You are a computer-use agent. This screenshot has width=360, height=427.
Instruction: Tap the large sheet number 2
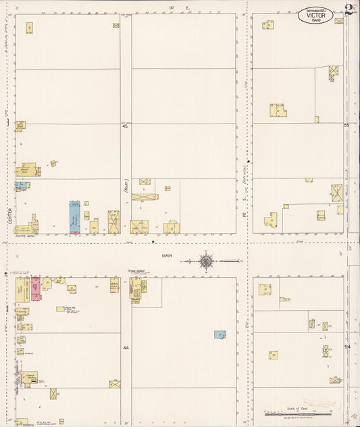pos(348,9)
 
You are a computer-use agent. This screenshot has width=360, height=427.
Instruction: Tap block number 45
pos(125,126)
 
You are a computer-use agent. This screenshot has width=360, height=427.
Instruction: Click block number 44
pos(125,348)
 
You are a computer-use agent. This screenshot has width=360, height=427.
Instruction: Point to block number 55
pos(346,125)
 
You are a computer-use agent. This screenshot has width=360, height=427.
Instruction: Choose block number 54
pos(346,347)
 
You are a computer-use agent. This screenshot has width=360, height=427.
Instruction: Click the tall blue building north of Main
pos(74,216)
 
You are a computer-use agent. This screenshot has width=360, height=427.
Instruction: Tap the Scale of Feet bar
pos(297,412)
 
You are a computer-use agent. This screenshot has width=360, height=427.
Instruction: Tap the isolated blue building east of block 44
pos(220,334)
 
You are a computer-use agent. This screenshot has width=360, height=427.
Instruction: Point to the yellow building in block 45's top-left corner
pos(29,28)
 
